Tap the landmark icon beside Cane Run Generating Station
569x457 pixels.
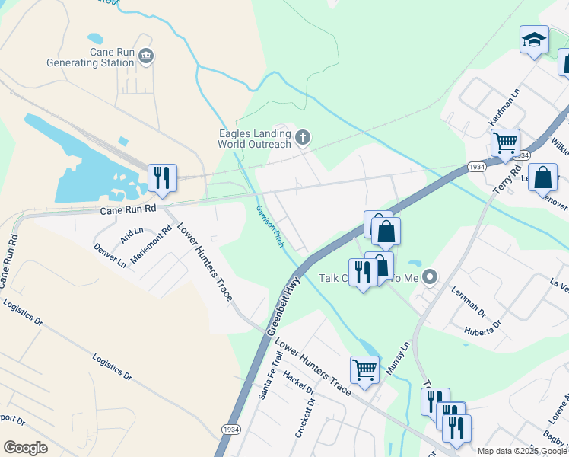click(x=147, y=56)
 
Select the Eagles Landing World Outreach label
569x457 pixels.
click(x=254, y=139)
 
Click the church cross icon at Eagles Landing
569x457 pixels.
click(x=303, y=138)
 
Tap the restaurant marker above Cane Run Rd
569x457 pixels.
click(x=162, y=178)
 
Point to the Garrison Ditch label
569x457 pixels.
click(x=270, y=222)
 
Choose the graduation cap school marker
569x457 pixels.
click(x=534, y=40)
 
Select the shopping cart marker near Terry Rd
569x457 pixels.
click(x=505, y=142)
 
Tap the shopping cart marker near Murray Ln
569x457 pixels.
click(x=365, y=370)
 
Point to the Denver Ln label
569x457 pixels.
click(x=110, y=256)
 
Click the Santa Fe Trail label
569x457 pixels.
click(x=265, y=382)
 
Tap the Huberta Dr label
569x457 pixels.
click(x=484, y=325)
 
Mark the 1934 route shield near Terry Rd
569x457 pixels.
click(x=478, y=167)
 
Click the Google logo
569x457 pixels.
click(x=25, y=448)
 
